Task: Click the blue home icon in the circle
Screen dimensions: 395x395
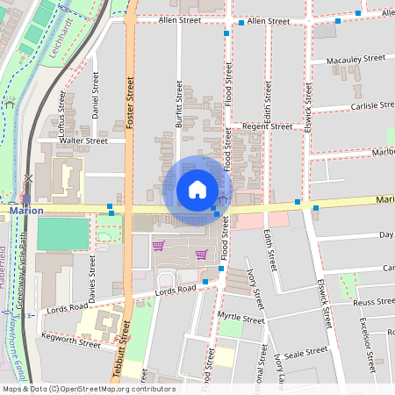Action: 197,190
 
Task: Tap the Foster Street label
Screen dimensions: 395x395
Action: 130,104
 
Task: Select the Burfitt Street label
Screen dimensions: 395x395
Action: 180,105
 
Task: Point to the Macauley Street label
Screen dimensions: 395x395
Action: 355,58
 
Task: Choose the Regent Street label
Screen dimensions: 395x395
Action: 267,126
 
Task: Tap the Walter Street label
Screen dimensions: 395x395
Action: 83,140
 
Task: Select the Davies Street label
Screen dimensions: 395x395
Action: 91,275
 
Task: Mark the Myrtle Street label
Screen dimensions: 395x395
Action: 241,319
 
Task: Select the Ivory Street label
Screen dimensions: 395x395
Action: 255,290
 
